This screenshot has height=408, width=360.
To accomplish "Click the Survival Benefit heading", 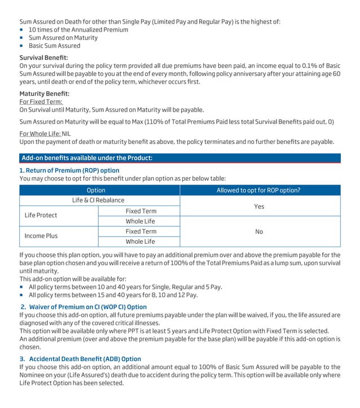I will point(43,58).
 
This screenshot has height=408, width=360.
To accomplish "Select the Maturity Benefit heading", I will point(45,93).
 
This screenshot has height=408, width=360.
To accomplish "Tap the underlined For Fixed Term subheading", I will point(42,102).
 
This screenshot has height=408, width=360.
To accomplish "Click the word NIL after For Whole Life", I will point(67,133).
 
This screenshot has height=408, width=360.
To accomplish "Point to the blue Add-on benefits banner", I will point(180,158).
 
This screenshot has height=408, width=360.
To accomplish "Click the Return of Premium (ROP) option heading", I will point(69,170).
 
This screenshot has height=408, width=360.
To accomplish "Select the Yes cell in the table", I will point(259,207).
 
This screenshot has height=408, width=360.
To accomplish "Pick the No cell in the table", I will point(259,231).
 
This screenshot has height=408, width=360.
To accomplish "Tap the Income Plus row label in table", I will point(41,236).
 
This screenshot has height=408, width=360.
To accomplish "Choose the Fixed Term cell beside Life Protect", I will point(141,211).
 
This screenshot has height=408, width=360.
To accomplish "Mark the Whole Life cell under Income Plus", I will point(140,242).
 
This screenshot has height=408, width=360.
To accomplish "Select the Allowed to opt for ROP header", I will point(258,190).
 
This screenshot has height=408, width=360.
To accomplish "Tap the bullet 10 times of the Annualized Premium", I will point(78,29).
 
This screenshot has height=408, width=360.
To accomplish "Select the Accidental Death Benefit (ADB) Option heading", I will point(80,358).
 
